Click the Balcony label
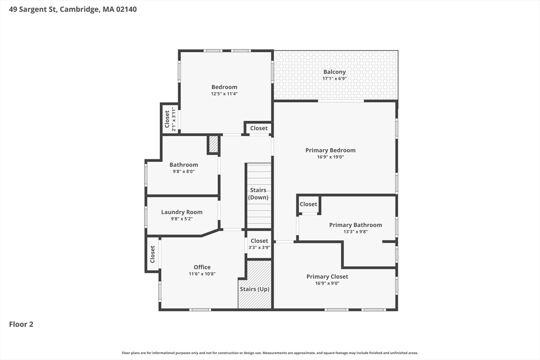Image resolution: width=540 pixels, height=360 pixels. (x=334, y=72)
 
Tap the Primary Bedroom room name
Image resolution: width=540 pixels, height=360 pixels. (x=330, y=150)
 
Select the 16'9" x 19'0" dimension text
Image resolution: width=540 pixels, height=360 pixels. (x=331, y=157)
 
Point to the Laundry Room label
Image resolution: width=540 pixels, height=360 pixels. (x=182, y=212)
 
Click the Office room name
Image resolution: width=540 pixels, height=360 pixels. (x=202, y=267)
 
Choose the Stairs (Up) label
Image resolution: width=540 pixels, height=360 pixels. (x=255, y=289)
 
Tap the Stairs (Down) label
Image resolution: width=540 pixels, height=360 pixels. (x=258, y=193)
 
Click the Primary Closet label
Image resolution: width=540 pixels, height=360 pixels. (x=327, y=276)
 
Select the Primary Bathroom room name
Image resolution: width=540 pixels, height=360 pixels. (x=355, y=225)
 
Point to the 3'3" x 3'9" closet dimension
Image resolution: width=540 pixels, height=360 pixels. (x=259, y=247)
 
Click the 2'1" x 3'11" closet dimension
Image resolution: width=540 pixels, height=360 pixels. (x=174, y=120)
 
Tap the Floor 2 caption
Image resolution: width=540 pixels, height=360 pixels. (x=21, y=324)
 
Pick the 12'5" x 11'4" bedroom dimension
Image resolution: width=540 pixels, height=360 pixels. (x=225, y=94)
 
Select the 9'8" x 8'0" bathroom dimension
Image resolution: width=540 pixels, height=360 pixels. (x=184, y=171)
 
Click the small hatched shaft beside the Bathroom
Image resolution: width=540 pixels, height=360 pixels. (x=214, y=144)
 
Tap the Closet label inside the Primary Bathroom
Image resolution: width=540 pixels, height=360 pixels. (x=308, y=204)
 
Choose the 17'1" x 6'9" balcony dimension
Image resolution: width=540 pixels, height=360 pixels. (x=334, y=79)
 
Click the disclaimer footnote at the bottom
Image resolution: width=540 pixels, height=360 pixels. (x=270, y=353)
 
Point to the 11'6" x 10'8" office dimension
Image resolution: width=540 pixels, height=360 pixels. (x=202, y=274)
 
